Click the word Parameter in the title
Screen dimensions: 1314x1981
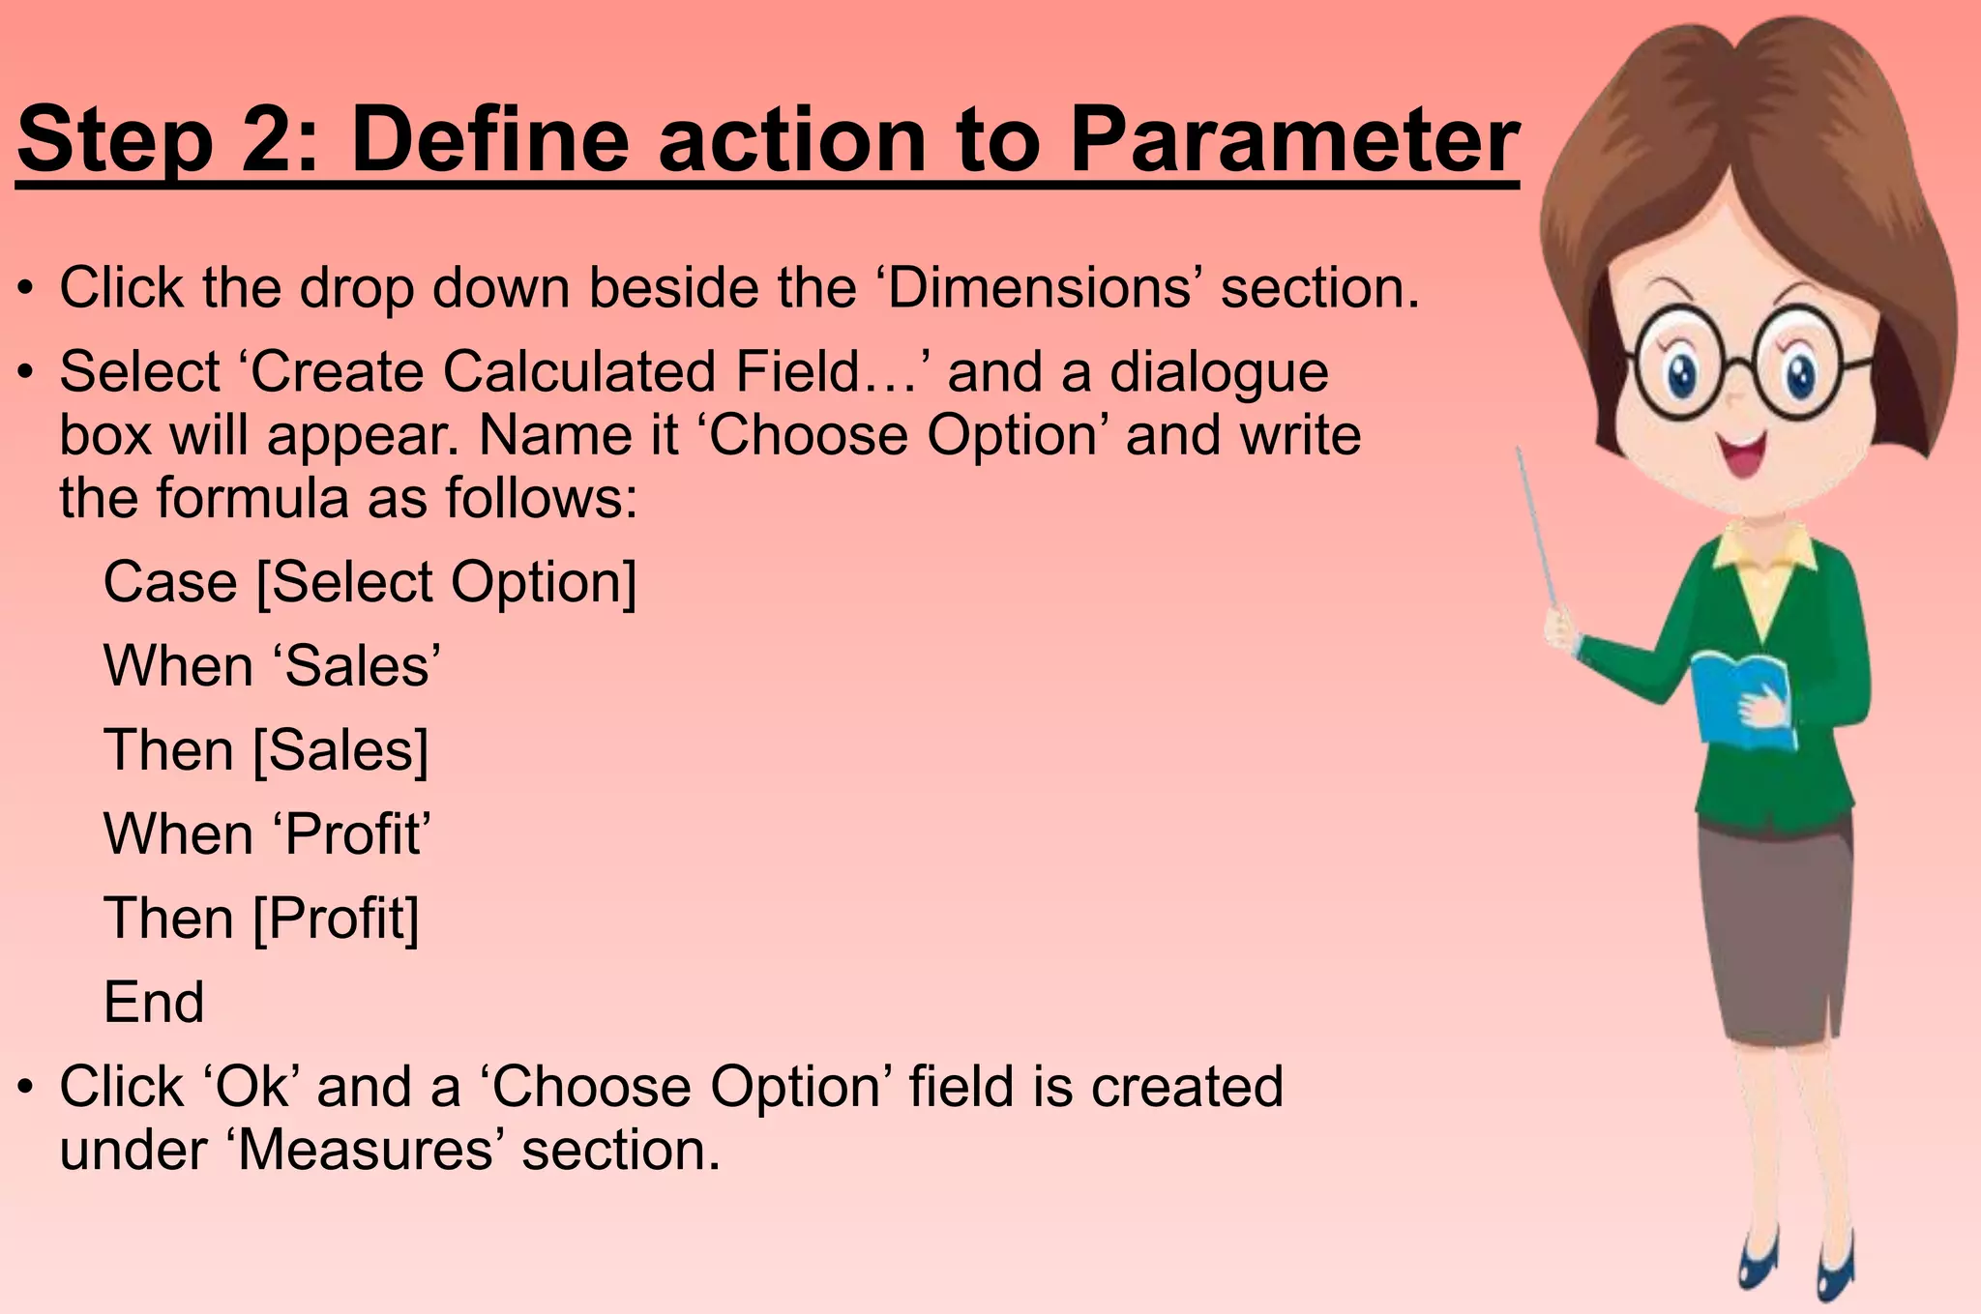point(1294,142)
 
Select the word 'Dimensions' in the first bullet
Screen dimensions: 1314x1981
point(1038,288)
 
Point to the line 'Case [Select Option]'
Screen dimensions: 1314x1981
point(370,582)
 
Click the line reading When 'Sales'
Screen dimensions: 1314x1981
point(272,666)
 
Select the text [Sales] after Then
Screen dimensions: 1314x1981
point(340,750)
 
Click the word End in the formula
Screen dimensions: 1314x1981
point(154,1002)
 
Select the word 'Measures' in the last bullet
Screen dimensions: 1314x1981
point(368,1151)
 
